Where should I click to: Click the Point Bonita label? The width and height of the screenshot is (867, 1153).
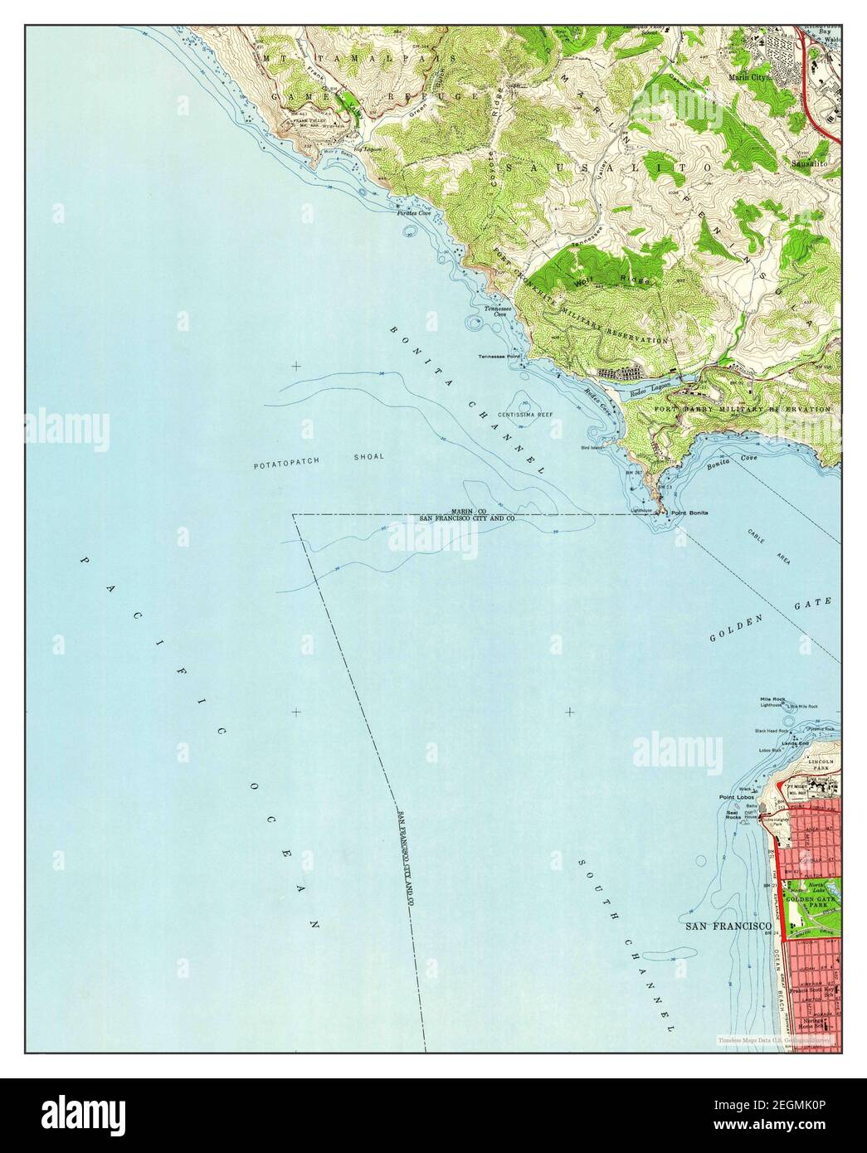(x=690, y=514)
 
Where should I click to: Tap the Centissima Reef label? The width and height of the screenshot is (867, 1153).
(x=525, y=414)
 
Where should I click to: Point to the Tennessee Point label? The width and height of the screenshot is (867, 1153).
(x=499, y=358)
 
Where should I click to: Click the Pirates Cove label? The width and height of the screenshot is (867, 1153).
(x=412, y=214)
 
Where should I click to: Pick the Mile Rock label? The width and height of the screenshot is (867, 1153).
(x=772, y=699)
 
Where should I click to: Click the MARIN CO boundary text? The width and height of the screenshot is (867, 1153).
(x=468, y=511)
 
